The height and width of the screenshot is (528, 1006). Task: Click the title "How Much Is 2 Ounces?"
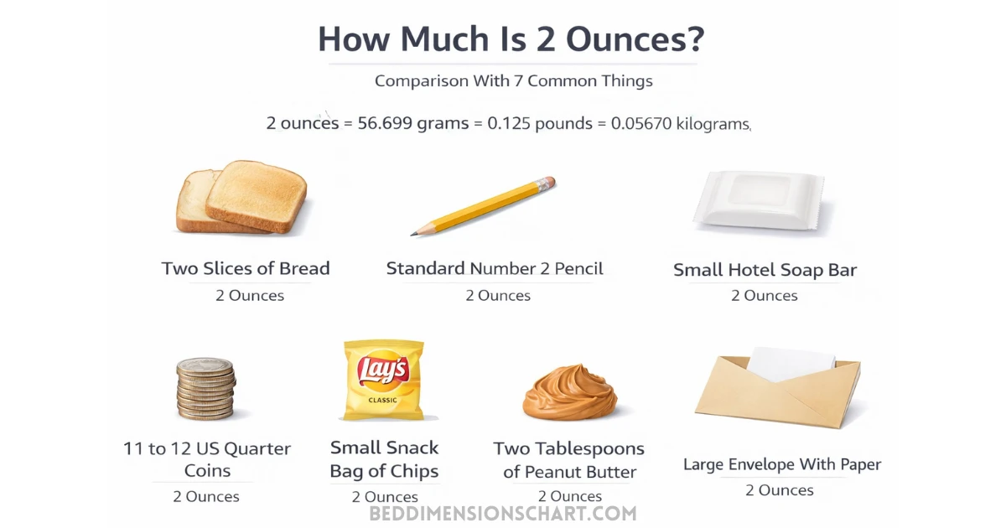pos(511,39)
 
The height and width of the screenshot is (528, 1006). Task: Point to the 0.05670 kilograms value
pos(680,123)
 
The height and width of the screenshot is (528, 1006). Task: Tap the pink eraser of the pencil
pos(547,182)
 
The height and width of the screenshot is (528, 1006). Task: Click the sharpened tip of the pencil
pos(412,233)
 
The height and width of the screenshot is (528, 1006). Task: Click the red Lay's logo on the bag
pos(382,368)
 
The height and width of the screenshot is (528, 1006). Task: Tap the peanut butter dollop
pos(569,391)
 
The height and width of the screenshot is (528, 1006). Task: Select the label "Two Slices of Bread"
pos(246,269)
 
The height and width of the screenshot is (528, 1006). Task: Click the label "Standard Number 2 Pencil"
pos(495,269)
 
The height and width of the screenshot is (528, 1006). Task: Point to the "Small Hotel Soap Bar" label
pos(765,271)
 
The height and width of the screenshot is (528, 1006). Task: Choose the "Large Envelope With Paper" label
pos(781,464)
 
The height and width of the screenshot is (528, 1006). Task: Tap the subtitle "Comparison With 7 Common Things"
pos(513,81)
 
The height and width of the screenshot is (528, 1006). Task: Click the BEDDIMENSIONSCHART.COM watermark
pos(503,513)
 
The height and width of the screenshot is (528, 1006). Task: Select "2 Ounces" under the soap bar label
pos(765,296)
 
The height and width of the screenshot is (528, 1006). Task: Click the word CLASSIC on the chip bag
pos(382,400)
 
